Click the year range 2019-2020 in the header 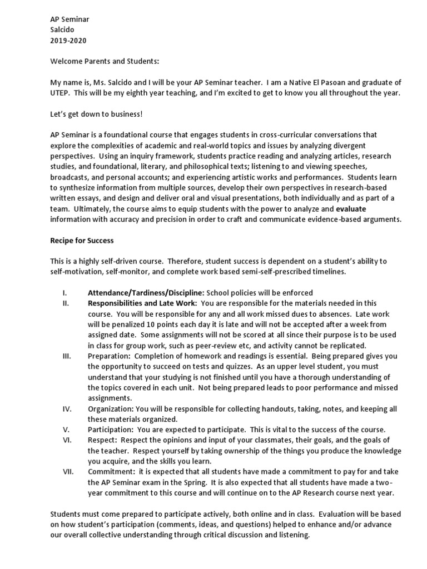click(68, 41)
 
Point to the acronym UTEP click(60, 93)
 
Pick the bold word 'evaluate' click(351, 209)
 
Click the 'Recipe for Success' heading click(82, 240)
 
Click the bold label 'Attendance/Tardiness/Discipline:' click(146, 293)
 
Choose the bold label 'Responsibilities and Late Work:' click(142, 303)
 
